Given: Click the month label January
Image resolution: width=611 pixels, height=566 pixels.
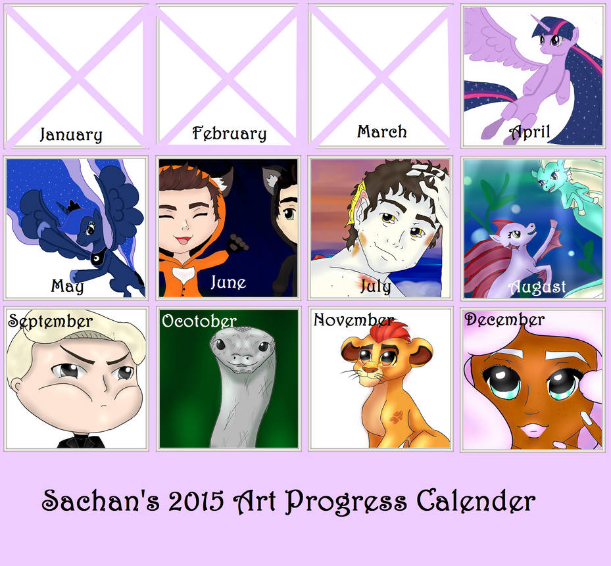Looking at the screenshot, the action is click(x=71, y=135).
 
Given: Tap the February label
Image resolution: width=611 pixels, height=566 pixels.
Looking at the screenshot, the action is click(x=230, y=133).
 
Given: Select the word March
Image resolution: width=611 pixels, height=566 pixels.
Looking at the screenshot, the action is click(x=382, y=131).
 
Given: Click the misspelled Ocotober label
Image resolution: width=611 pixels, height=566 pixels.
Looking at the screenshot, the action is click(x=199, y=321).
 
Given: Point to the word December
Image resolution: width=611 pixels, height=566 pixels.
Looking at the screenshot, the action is click(x=504, y=319).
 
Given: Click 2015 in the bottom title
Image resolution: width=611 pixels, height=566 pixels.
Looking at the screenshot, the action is click(x=196, y=501).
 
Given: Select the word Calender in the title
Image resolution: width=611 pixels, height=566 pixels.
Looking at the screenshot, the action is click(x=476, y=502).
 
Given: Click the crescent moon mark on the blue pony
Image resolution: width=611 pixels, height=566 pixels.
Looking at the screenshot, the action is click(x=95, y=258).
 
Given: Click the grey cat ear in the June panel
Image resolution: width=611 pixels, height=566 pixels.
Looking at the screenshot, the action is click(x=272, y=178).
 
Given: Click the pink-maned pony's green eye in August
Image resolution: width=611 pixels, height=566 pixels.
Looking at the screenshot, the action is click(x=516, y=235).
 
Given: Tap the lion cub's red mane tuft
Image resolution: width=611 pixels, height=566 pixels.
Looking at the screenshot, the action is click(x=388, y=331).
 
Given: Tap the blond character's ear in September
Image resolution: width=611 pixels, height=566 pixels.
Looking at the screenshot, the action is click(x=16, y=384).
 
